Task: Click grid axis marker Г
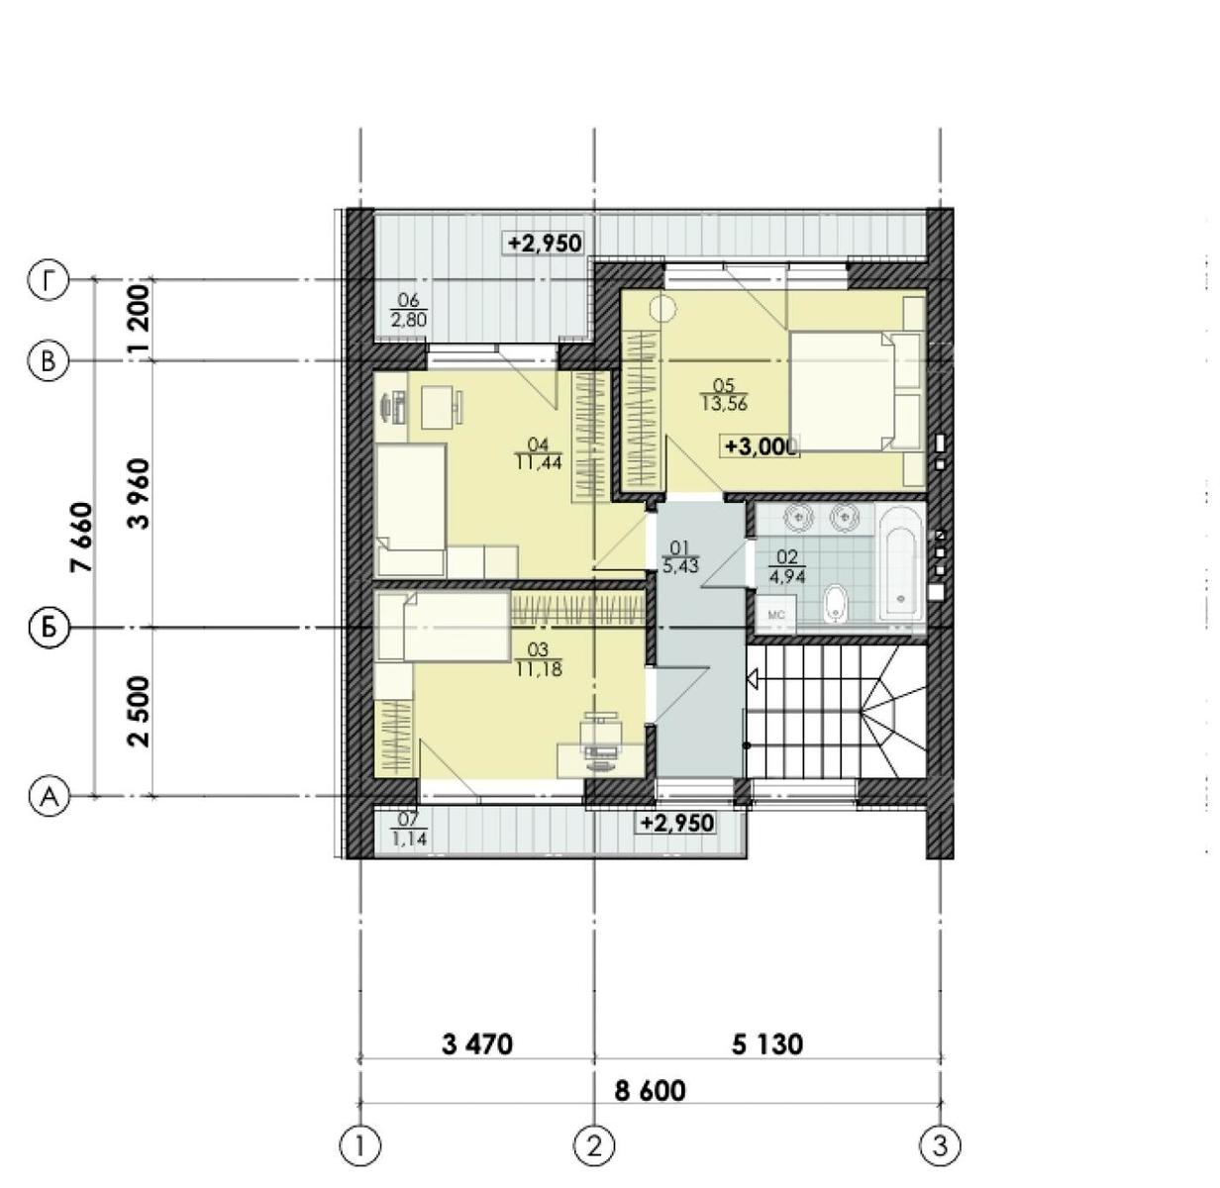pyautogui.click(x=48, y=280)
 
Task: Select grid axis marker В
pyautogui.click(x=48, y=360)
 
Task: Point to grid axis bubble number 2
pyautogui.click(x=594, y=1145)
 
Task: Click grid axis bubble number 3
pyautogui.click(x=940, y=1145)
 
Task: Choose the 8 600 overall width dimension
pyautogui.click(x=650, y=1090)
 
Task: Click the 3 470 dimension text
pyautogui.click(x=477, y=1043)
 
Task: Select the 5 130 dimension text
pyautogui.click(x=767, y=1043)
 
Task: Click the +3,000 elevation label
pyautogui.click(x=761, y=446)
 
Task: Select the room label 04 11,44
pyautogui.click(x=539, y=453)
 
